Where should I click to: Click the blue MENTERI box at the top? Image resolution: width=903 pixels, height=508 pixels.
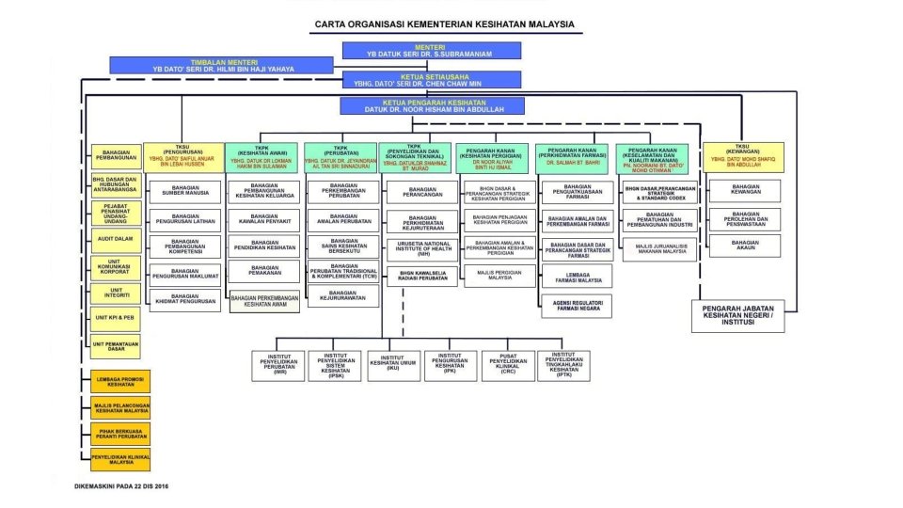(431, 51)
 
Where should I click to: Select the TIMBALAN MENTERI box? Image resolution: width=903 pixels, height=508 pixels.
(221, 65)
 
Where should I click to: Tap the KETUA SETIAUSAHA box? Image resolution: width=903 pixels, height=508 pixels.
(431, 80)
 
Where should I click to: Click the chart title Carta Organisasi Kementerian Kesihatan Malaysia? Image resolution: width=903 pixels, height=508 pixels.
(444, 24)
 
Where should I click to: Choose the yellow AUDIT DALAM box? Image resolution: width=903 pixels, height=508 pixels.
(117, 240)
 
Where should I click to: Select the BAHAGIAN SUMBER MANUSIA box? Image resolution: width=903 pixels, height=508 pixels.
(185, 192)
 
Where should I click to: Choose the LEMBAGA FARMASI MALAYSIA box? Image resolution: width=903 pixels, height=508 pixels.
(577, 277)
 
